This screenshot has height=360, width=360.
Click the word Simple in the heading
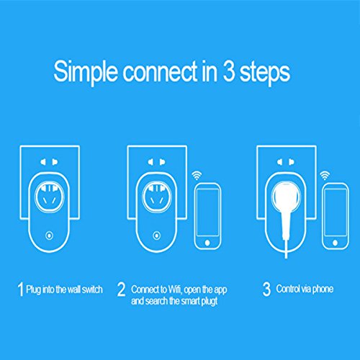coord(86,72)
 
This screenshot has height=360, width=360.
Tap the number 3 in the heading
coord(229,71)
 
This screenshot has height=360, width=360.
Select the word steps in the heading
coord(265,73)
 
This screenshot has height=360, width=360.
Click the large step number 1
coord(21,289)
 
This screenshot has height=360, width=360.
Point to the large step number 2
coord(122,289)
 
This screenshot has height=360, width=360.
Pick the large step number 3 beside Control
coord(266,289)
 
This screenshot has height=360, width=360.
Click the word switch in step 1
coord(92,289)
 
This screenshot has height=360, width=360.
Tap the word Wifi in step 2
coord(175,289)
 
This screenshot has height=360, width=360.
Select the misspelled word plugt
coord(210,301)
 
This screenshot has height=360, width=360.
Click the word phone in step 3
coord(323,289)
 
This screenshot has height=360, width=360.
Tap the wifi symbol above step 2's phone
coord(197,176)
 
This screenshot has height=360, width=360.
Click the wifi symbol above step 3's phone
coord(325,176)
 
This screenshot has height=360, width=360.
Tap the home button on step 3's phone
coord(336,243)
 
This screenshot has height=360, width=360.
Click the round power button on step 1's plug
coord(50,235)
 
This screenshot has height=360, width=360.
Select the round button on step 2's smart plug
coord(157,235)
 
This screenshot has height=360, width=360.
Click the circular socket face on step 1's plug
coord(50,197)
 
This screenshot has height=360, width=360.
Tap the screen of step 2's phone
coord(208,212)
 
